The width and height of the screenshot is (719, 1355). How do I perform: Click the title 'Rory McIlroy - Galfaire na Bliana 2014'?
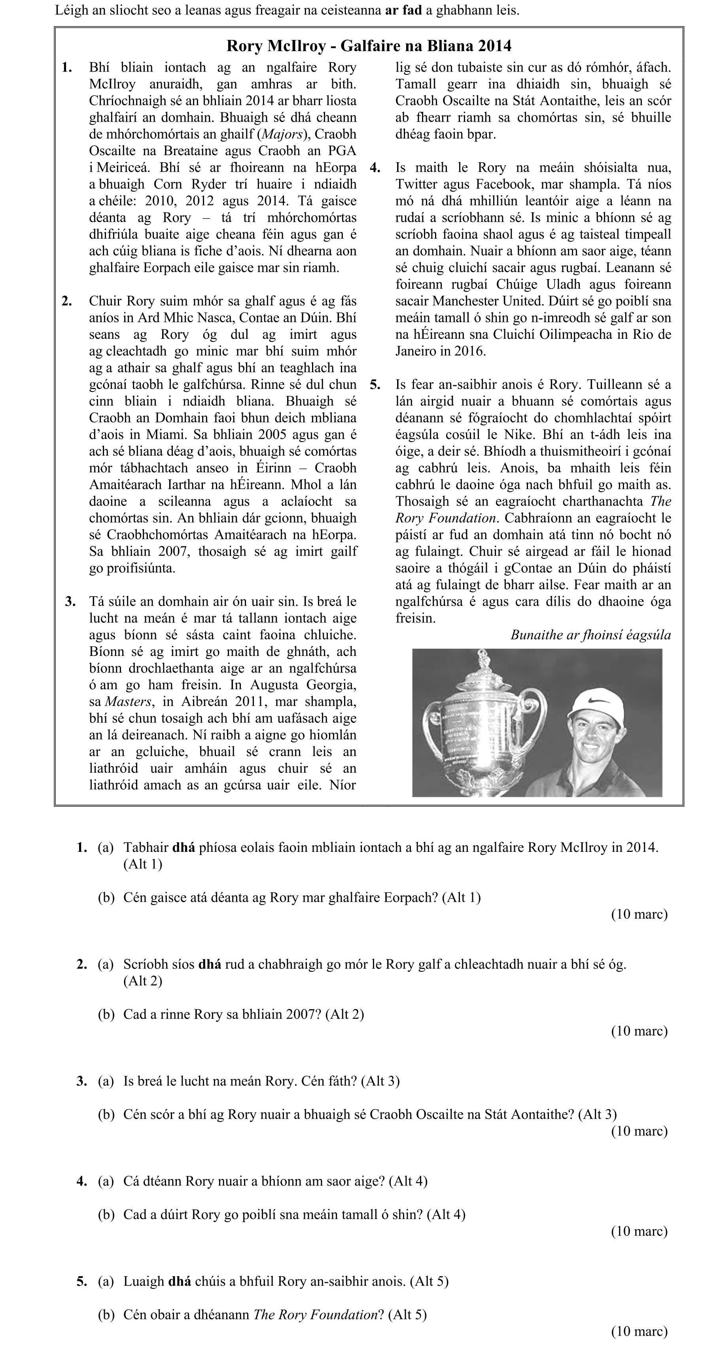369,46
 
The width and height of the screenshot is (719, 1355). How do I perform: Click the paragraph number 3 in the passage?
70,602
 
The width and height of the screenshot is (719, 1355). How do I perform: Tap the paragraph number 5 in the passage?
375,384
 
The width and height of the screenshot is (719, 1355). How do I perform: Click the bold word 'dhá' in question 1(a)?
184,848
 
